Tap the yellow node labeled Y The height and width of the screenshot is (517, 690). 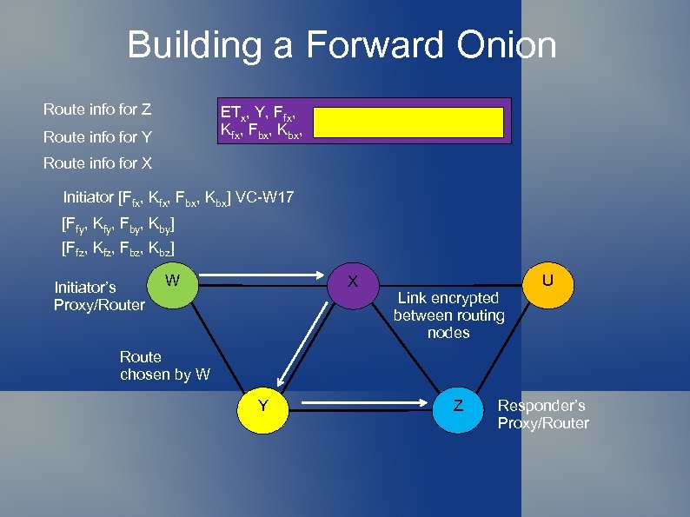(x=262, y=406)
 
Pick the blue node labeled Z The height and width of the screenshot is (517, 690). (x=458, y=407)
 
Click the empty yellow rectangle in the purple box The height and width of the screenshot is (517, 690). (x=408, y=123)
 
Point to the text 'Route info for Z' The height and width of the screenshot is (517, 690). (x=97, y=109)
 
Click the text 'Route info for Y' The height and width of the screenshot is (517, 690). (x=97, y=136)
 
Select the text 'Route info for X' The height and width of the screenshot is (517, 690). (x=97, y=162)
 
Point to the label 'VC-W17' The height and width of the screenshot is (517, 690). (x=266, y=198)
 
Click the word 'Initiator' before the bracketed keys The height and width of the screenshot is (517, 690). (x=89, y=198)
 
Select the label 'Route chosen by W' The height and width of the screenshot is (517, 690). (x=164, y=366)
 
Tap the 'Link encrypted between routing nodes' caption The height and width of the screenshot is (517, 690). (x=448, y=315)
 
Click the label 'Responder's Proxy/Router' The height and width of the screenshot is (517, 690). (x=542, y=414)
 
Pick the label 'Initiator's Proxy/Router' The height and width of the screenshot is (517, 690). (x=98, y=295)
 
